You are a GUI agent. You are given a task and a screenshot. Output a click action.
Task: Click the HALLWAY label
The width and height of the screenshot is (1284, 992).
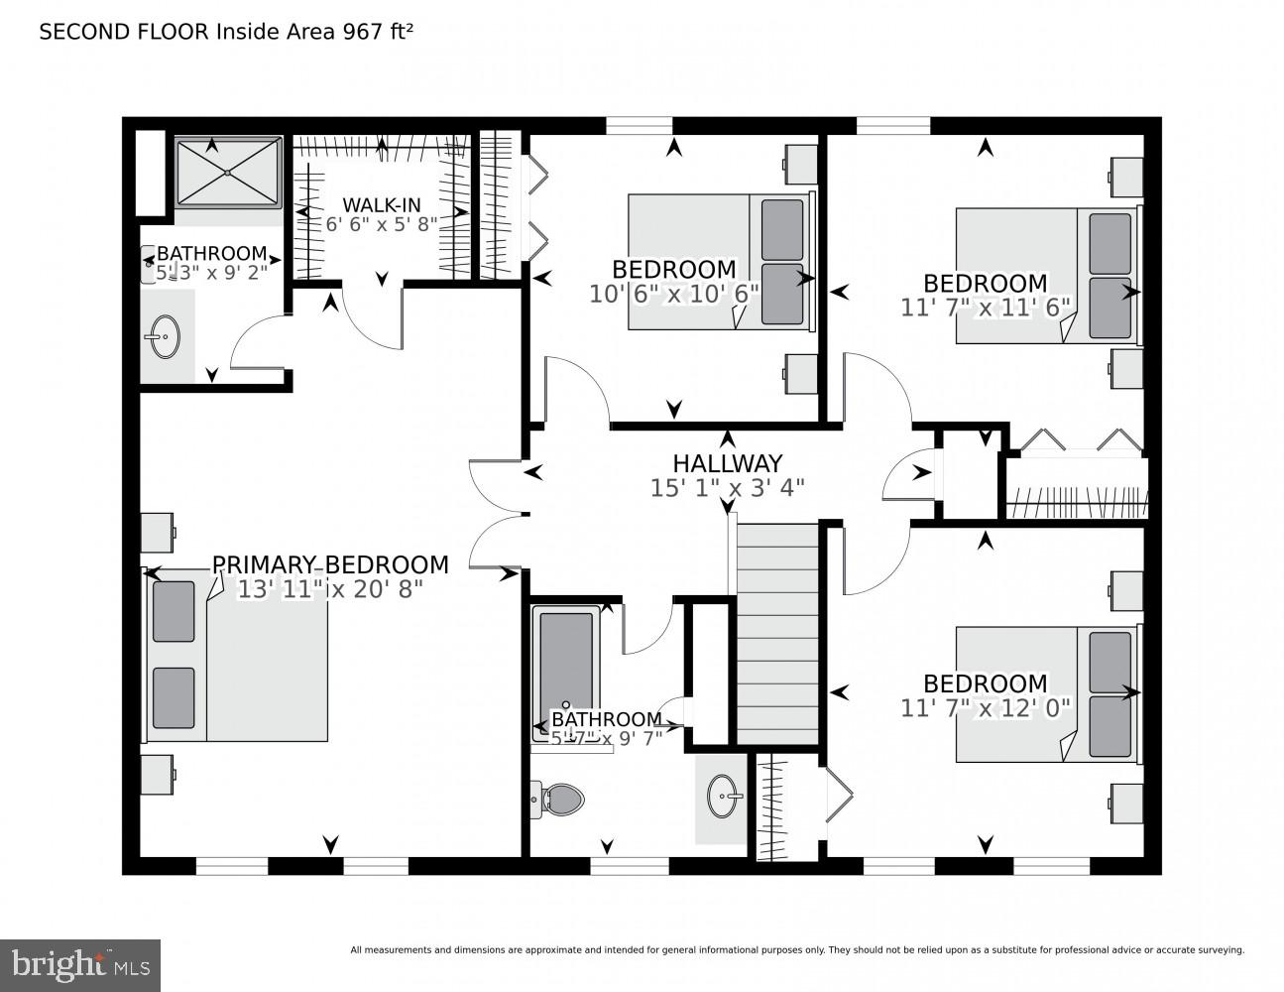pyautogui.click(x=727, y=463)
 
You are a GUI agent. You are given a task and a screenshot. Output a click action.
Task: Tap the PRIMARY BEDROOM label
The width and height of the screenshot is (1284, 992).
pyautogui.click(x=330, y=564)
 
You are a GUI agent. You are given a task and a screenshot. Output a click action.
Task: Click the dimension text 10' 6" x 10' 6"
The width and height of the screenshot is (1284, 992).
pyautogui.click(x=673, y=294)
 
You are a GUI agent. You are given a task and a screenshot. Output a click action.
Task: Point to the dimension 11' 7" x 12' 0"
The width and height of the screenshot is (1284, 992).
pyautogui.click(x=986, y=708)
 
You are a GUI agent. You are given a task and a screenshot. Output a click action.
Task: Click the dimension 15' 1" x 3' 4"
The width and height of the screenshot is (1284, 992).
pyautogui.click(x=727, y=487)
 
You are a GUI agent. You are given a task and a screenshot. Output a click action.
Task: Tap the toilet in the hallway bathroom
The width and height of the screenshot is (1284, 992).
pyautogui.click(x=555, y=798)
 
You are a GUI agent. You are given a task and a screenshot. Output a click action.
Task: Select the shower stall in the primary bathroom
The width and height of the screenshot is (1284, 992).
pyautogui.click(x=228, y=173)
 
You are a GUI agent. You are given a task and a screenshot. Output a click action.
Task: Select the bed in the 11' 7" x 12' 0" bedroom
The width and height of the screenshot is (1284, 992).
pyautogui.click(x=1046, y=693)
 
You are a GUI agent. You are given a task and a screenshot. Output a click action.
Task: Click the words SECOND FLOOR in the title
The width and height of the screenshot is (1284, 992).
pyautogui.click(x=123, y=32)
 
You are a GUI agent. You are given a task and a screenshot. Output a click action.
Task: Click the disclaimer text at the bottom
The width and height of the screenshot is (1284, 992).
pyautogui.click(x=796, y=950)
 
